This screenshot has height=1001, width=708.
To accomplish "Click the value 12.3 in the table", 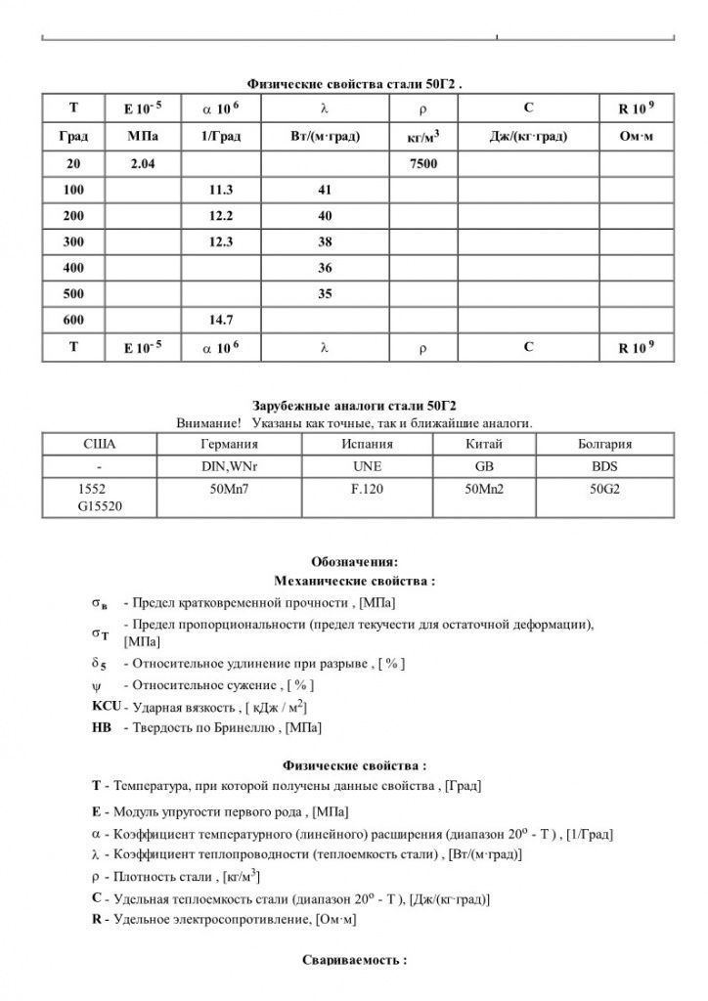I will pos(220,241).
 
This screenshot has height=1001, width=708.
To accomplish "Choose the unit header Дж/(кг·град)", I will pos(528,136).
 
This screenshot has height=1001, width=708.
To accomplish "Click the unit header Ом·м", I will pos(637,136).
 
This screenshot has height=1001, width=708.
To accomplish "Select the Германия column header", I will pos(228,443).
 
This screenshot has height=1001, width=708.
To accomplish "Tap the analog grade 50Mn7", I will pos(228,488).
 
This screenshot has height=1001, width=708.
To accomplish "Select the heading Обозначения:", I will pos(354,562).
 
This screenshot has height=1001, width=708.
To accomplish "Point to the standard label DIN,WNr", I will pos(228,465).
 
